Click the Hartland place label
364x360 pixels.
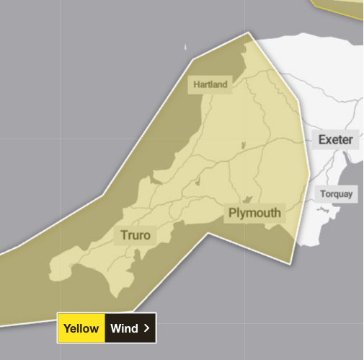point(210,84)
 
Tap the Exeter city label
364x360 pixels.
point(336,140)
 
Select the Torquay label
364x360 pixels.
point(335,194)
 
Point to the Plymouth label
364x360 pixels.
point(254,213)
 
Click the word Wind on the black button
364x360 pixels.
point(124,328)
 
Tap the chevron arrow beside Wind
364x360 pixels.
point(146,328)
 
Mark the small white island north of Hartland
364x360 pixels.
point(185,48)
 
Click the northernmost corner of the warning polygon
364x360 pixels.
point(250,32)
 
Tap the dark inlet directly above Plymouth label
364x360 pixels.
point(247,198)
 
